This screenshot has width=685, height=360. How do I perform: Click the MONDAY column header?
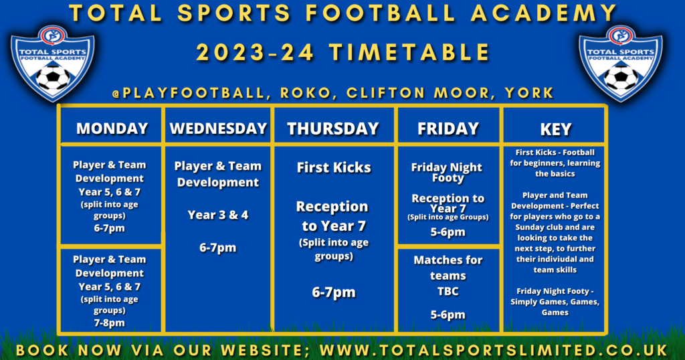(x=112, y=128)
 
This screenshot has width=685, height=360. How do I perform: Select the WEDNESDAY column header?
(x=218, y=128)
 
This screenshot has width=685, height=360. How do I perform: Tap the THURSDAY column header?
(x=333, y=128)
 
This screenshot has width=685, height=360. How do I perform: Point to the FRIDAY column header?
(x=448, y=128)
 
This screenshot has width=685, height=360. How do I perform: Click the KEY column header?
(x=556, y=129)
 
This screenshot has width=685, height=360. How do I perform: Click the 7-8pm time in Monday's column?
(x=109, y=323)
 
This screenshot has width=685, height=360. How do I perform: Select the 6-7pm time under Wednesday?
(x=217, y=248)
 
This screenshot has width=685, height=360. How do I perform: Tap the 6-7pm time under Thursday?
(x=334, y=292)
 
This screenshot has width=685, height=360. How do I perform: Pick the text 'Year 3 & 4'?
(x=218, y=215)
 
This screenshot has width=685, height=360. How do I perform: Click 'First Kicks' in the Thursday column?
(x=334, y=167)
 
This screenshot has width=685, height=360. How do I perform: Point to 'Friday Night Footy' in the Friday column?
(x=447, y=173)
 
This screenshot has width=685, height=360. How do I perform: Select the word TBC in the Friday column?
(x=448, y=291)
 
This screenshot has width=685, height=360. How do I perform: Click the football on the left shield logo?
(x=53, y=78)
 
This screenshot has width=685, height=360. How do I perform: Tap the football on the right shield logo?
(x=621, y=78)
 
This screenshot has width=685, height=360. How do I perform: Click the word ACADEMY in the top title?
(x=543, y=13)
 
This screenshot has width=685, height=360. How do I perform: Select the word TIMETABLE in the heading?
(x=409, y=52)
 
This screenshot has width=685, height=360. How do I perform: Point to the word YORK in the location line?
(x=530, y=93)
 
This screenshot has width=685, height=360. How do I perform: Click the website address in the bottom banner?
(x=494, y=351)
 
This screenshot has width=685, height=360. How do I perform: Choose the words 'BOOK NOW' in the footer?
(x=69, y=351)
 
